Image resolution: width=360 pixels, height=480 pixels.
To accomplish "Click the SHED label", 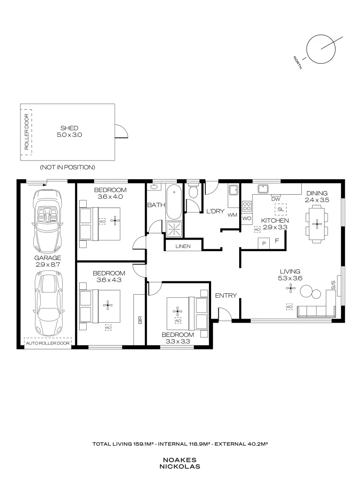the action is pyautogui.click(x=69, y=128).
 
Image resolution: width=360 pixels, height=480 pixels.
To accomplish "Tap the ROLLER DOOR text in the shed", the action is pyautogui.click(x=27, y=132).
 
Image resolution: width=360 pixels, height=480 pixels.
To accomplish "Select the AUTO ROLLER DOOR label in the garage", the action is pyautogui.click(x=48, y=343).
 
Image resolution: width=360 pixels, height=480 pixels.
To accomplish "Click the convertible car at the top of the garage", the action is pyautogui.click(x=48, y=220).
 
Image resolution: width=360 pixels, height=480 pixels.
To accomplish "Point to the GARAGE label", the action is pyautogui.click(x=48, y=258).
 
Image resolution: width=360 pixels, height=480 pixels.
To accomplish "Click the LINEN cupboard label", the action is pyautogui.click(x=183, y=246).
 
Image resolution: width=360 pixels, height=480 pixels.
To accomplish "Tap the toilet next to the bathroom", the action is pyautogui.click(x=193, y=191).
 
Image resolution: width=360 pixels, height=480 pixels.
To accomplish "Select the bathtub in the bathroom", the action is pyautogui.click(x=174, y=201).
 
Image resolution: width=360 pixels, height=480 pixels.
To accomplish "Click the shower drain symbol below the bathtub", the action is pyautogui.click(x=174, y=229).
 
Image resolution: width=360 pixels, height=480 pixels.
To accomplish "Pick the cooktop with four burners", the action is pyautogui.click(x=247, y=206).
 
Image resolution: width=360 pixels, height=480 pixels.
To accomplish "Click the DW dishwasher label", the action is pyautogui.click(x=276, y=199).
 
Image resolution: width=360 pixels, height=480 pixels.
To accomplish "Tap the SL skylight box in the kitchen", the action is pyautogui.click(x=281, y=210).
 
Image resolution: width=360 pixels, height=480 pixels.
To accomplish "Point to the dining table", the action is pyautogui.click(x=317, y=224).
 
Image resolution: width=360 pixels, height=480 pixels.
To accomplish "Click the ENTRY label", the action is pyautogui.click(x=226, y=296).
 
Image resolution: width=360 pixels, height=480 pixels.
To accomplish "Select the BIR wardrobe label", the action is pyautogui.click(x=140, y=320).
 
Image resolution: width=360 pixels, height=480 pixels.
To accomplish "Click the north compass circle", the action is pyautogui.click(x=321, y=49).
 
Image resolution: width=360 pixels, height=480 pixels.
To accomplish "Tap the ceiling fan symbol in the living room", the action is pyautogui.click(x=290, y=288).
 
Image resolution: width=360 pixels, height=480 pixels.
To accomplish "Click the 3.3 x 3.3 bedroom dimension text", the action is pyautogui.click(x=178, y=341).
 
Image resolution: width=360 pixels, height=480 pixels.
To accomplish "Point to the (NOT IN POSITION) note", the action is pyautogui.click(x=68, y=167).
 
